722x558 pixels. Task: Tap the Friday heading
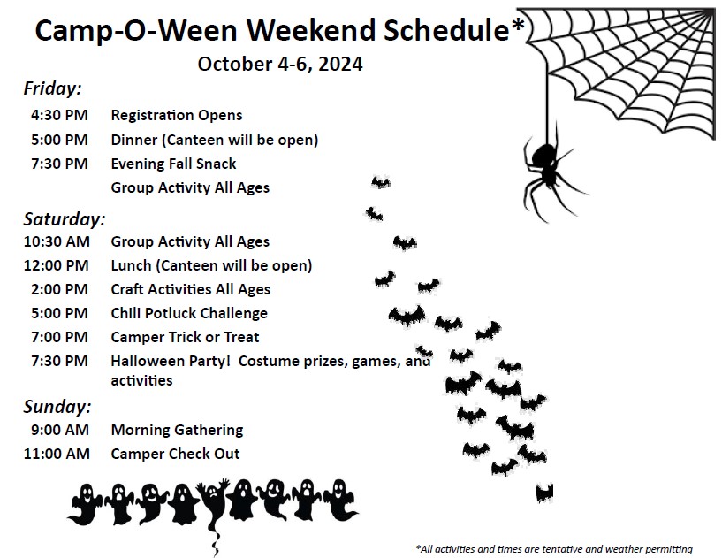(x=52, y=88)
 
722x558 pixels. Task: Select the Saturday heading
(x=65, y=219)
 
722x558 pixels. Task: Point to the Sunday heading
(x=57, y=407)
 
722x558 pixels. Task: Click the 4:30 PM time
(x=59, y=115)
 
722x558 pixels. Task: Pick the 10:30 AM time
(x=57, y=241)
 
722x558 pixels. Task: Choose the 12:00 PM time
(x=57, y=265)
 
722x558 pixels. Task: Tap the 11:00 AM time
(x=57, y=454)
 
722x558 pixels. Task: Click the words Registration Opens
(x=177, y=115)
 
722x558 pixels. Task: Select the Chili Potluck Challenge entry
(x=189, y=313)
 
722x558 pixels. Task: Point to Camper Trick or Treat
(x=185, y=337)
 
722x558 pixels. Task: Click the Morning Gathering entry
(x=177, y=430)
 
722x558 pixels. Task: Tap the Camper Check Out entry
(x=175, y=454)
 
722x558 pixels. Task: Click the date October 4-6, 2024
(x=280, y=64)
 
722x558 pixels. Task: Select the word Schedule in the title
(x=446, y=30)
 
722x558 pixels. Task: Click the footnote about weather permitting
(x=554, y=549)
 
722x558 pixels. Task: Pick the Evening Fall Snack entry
(x=173, y=164)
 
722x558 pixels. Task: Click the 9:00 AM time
(x=60, y=430)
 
